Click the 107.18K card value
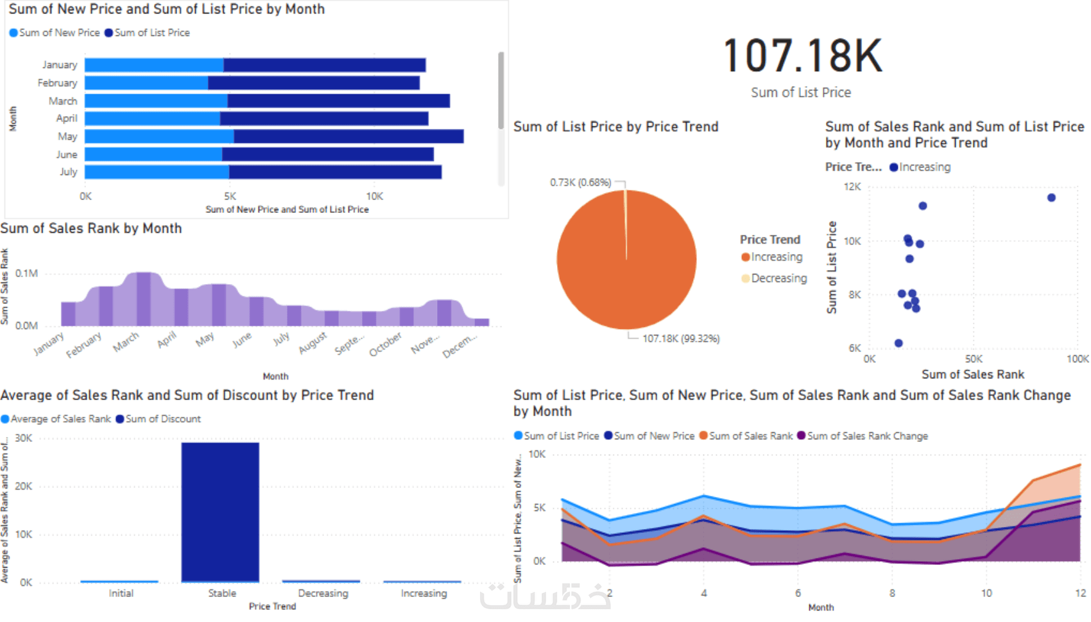pos(802,56)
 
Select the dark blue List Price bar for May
pos(348,137)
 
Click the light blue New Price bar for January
pos(154,65)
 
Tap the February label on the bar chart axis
pos(57,83)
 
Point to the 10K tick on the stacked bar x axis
pos(374,196)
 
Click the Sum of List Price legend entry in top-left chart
pos(151,33)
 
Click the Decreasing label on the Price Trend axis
pos(323,593)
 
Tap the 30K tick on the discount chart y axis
pos(24,439)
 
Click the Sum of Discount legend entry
pos(163,419)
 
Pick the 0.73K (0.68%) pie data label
pos(580,183)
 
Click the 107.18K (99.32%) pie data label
pos(681,339)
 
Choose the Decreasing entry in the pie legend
pos(778,278)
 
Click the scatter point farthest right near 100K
pos(1051,198)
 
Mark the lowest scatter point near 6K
pos(898,343)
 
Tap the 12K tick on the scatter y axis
pos(852,187)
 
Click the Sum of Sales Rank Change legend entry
pos(867,436)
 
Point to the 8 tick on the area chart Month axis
pos(892,593)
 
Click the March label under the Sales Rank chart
pos(126,342)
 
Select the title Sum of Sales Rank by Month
pos(91,229)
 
